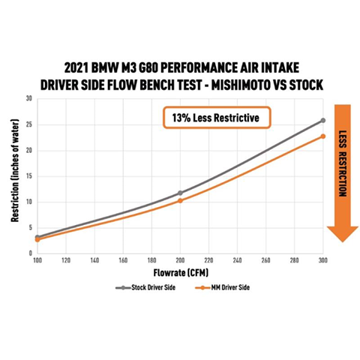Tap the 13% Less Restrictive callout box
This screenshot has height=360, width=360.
coord(217,117)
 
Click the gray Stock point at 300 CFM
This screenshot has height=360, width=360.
coord(322,120)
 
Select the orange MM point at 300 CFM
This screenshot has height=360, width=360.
coord(322,136)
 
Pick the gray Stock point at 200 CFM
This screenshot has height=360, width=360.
coord(180,193)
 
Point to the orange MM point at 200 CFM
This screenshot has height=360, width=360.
coord(180,200)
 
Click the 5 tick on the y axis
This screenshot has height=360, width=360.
coord(29,227)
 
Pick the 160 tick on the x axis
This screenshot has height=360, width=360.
coord(123,260)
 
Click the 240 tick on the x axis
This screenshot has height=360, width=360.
coord(237,260)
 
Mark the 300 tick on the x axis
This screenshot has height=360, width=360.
coord(322,260)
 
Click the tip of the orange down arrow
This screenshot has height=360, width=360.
coord(342,241)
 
